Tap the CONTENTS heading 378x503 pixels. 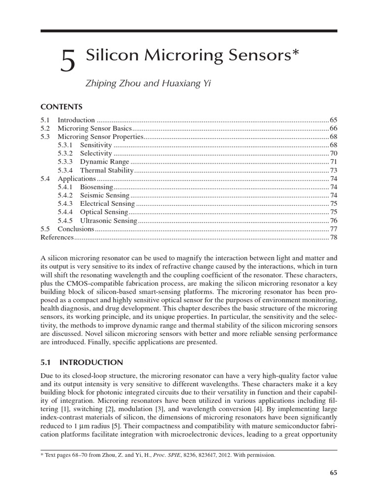[x=61, y=107]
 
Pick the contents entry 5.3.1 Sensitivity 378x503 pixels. [x=90, y=145]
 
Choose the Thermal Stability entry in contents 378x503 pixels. [x=107, y=170]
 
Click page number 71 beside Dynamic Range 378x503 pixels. [x=333, y=162]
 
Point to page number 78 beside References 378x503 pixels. [x=333, y=237]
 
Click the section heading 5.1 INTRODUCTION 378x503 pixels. [x=81, y=363]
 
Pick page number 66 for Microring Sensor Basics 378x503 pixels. [x=333, y=128]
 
